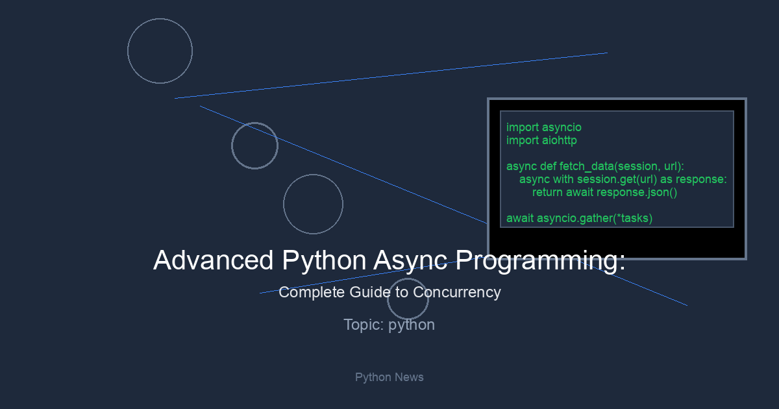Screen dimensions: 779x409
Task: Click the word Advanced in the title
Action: coord(214,260)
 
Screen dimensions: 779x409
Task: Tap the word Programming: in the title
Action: coord(540,261)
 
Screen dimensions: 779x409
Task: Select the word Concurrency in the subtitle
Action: coord(457,292)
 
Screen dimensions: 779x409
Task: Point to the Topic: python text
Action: coord(389,325)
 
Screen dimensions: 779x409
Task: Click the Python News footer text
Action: coord(389,377)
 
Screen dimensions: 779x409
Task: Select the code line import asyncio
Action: coord(544,127)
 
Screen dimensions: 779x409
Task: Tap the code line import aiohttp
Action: coord(541,140)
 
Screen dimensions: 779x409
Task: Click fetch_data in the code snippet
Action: coord(587,167)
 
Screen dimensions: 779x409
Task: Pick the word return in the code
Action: coord(547,192)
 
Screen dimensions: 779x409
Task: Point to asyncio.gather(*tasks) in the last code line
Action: coord(595,218)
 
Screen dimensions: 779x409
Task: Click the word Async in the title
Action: coord(410,261)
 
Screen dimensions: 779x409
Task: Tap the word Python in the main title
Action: coord(324,261)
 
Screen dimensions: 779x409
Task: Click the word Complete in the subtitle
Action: coord(312,292)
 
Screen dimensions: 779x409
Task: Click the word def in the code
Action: coord(548,166)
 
